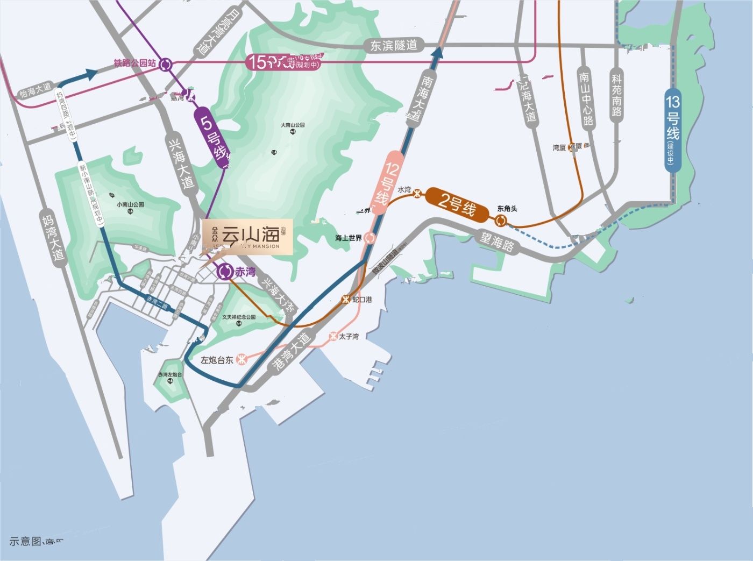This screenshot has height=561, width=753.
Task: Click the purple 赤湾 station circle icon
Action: (225, 272)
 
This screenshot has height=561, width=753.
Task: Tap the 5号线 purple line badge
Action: (213, 138)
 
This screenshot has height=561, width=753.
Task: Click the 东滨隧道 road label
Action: (394, 46)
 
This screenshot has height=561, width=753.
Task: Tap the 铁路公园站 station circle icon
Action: (166, 65)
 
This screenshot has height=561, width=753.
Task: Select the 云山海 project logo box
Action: (248, 237)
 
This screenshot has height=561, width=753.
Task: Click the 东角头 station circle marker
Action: (501, 221)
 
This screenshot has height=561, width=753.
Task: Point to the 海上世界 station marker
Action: (370, 238)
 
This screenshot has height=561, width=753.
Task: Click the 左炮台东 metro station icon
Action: (242, 359)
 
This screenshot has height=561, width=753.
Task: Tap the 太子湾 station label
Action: (349, 337)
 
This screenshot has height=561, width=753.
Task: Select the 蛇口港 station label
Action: (362, 299)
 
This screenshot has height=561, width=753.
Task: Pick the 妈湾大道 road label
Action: (52, 237)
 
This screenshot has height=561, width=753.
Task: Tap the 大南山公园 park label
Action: (293, 125)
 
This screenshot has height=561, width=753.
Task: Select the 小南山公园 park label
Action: (130, 205)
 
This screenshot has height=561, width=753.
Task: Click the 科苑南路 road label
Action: (616, 96)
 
